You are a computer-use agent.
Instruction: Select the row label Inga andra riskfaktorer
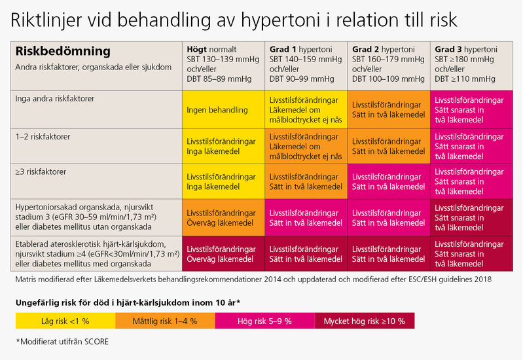click(55, 98)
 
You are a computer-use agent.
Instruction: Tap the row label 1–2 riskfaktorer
click(43, 137)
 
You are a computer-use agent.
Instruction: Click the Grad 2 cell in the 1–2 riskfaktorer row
click(389, 147)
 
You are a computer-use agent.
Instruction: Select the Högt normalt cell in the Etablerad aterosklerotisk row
click(222, 254)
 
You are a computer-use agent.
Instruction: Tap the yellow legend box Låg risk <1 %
click(65, 321)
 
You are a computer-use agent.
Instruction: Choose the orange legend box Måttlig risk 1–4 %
click(165, 321)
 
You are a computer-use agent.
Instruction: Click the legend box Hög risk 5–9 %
click(264, 321)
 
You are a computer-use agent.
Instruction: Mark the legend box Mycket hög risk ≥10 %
click(364, 321)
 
